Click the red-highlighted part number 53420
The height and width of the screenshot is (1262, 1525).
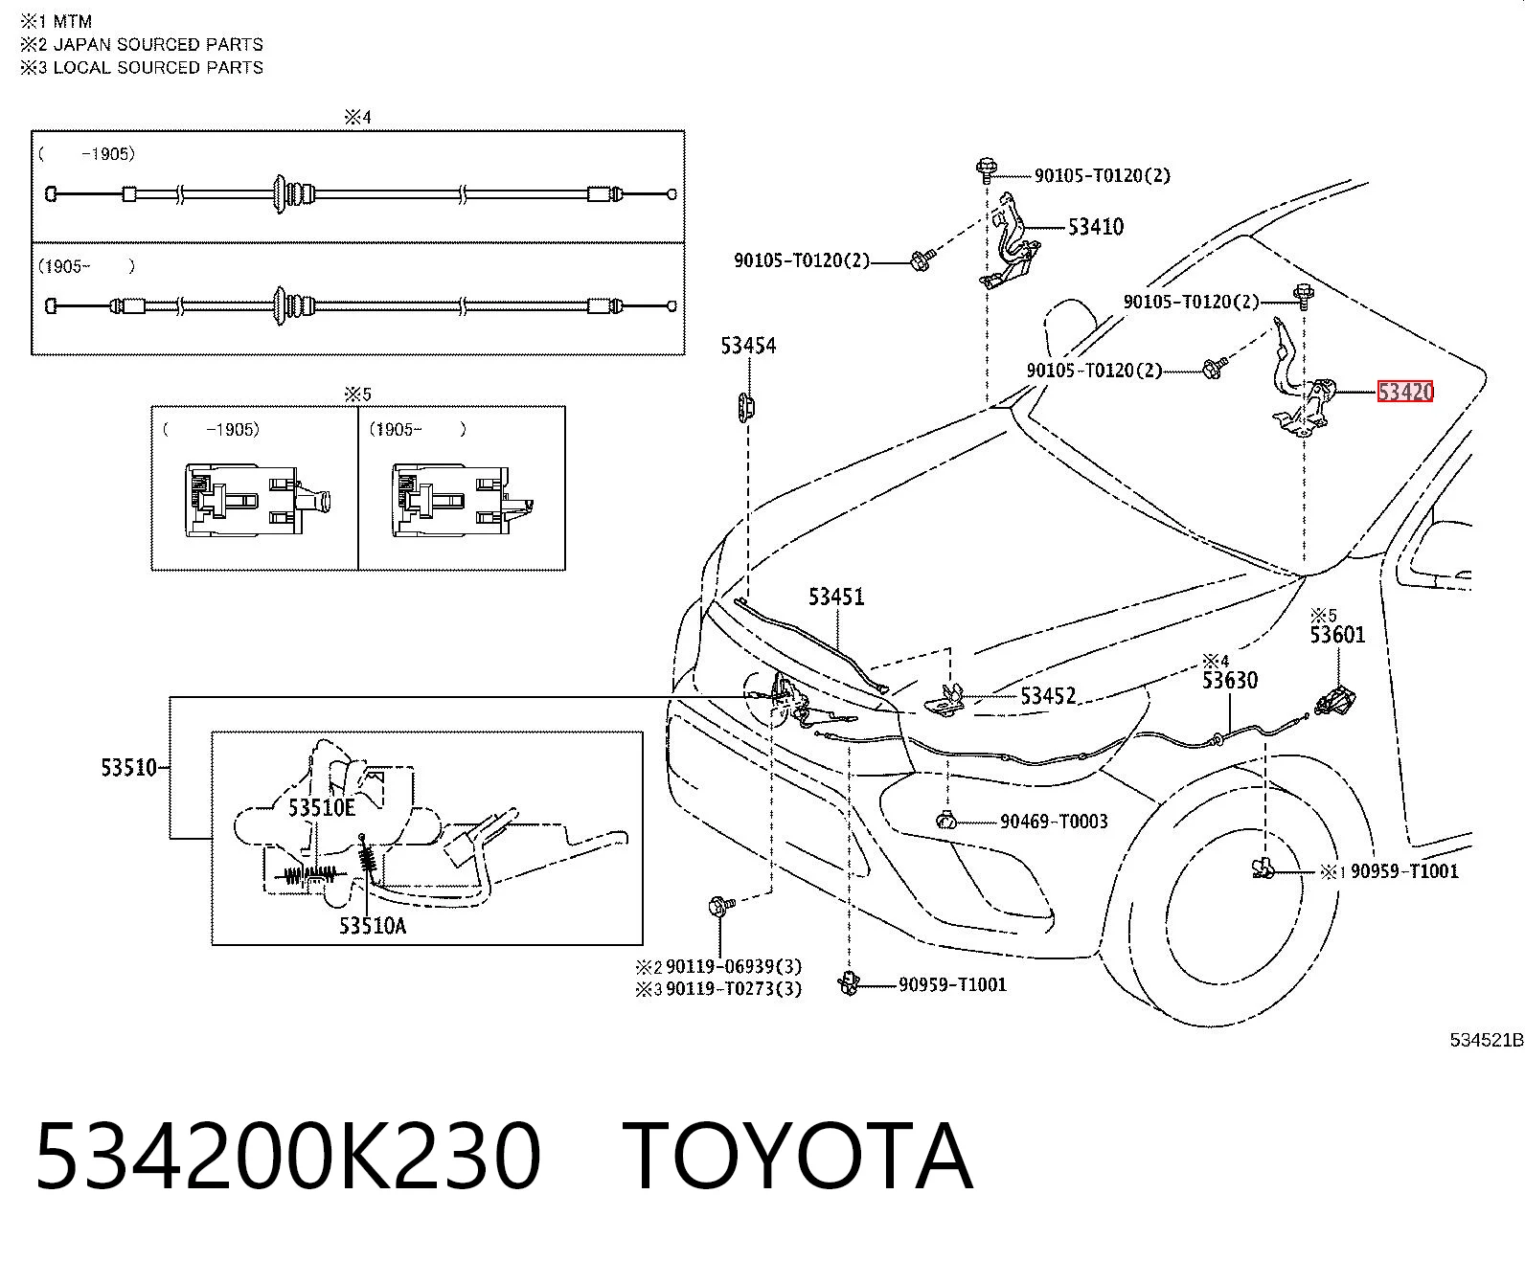1405,393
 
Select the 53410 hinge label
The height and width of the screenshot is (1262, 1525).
1096,227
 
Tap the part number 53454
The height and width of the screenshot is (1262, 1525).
748,346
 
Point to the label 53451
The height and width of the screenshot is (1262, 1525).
836,597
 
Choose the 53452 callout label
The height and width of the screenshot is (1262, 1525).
1048,696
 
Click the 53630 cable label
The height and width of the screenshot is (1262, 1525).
1230,681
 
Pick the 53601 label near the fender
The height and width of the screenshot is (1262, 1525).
1337,635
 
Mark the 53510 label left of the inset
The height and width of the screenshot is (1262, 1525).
128,768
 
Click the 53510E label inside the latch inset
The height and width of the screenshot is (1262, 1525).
321,808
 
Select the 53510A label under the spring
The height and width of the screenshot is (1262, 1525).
373,926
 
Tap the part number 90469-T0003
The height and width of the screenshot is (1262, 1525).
1054,822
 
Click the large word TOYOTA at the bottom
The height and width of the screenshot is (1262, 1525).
797,1156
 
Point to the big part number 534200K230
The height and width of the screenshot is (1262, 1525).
288,1156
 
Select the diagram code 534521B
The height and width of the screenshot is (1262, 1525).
1487,1039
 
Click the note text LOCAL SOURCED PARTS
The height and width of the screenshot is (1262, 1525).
158,67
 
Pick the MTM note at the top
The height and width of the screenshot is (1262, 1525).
72,21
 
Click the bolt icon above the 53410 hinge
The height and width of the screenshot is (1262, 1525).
987,169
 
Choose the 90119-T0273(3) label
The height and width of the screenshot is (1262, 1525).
734,989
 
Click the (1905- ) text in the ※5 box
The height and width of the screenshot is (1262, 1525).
418,429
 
